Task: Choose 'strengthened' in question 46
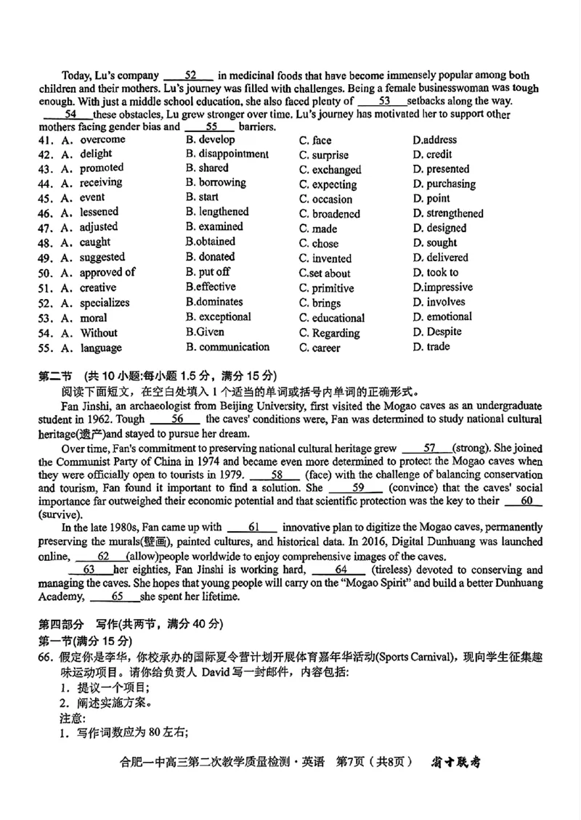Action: point(454,213)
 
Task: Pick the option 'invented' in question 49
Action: point(331,258)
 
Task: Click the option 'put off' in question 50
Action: point(214,272)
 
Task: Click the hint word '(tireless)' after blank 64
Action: point(391,570)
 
